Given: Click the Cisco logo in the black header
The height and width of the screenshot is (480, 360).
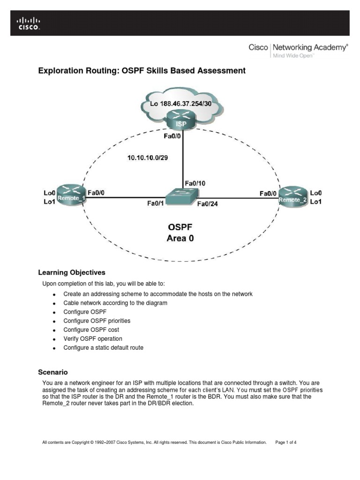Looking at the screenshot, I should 29,23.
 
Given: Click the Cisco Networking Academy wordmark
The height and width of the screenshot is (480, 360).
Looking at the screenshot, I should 298,47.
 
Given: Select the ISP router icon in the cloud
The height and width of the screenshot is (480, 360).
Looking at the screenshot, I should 180,120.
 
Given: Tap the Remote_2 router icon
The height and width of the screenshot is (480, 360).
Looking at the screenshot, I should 292,196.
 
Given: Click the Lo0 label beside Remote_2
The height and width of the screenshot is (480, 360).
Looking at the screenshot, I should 316,193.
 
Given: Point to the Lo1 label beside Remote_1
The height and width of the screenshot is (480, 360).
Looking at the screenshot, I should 50,202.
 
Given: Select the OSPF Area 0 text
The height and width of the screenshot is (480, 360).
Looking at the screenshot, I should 180,232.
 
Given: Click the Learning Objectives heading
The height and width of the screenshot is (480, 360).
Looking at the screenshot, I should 71,272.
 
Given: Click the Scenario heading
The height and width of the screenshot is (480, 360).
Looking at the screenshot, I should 53,372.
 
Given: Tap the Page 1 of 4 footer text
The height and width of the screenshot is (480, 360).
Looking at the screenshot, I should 286,442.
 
